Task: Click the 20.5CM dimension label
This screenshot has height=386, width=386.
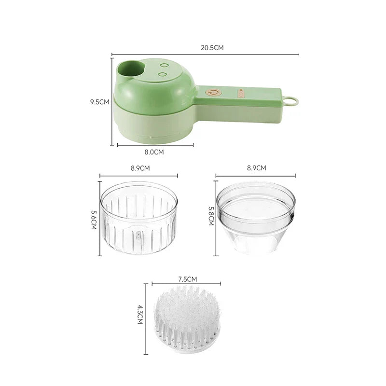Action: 212,48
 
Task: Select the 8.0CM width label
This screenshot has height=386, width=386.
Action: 154,152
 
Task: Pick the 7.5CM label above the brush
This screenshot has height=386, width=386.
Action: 188,279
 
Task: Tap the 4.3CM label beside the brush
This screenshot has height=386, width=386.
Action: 140,316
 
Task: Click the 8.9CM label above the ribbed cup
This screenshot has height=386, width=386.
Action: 140,168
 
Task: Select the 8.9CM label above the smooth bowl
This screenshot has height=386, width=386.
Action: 256,168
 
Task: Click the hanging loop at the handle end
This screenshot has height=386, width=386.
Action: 291,101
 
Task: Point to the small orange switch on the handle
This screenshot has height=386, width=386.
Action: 241,91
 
